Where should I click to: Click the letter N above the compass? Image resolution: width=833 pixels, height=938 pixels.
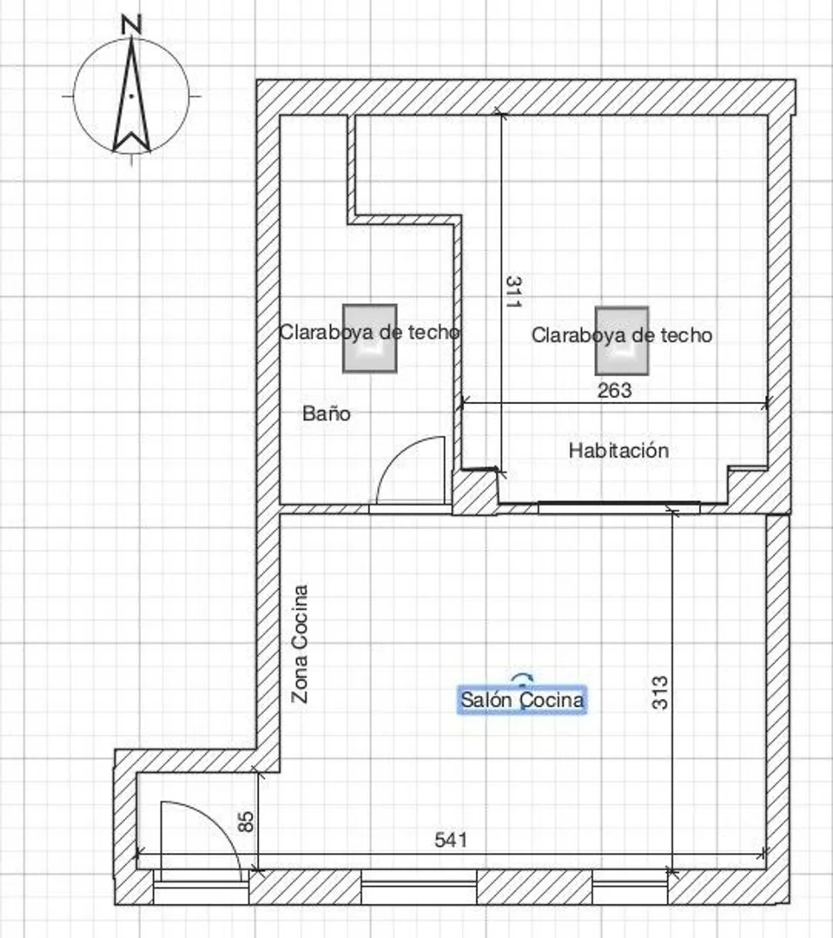point(131,24)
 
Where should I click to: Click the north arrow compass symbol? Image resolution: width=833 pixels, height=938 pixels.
point(131,96)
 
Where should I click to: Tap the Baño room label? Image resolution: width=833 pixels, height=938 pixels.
point(326,413)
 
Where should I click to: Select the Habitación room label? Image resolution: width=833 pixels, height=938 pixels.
point(618,451)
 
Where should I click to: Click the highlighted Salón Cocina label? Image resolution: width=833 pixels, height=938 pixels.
point(522,699)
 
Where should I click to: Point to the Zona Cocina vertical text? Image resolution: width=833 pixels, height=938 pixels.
point(300,644)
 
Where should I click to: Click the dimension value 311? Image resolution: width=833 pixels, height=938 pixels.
point(512,291)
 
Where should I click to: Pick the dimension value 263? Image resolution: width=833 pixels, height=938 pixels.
point(615,391)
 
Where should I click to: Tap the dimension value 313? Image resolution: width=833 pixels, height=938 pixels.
point(659,693)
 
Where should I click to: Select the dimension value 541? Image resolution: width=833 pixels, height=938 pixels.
point(451,840)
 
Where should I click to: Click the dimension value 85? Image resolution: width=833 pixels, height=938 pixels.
point(245,822)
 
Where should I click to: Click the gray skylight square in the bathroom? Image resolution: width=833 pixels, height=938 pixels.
point(370,339)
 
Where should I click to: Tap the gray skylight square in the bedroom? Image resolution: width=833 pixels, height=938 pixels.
point(622,341)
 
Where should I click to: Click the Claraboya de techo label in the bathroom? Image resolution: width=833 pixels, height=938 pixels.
point(370,332)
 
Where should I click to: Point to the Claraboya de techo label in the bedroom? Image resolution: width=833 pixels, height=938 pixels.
point(622,335)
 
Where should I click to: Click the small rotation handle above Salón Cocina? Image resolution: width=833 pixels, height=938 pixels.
point(522,677)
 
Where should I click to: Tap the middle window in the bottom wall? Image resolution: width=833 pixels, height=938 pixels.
point(419,887)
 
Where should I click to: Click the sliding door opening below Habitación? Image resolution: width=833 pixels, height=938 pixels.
point(618,507)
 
